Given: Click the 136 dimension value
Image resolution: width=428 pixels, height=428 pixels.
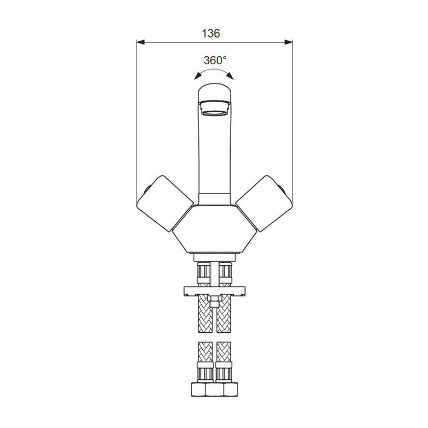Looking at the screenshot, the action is click(x=210, y=34).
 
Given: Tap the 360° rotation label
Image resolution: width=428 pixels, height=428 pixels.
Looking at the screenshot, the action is click(x=215, y=60).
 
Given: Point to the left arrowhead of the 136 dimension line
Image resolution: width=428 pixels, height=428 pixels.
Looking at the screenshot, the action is click(x=140, y=42).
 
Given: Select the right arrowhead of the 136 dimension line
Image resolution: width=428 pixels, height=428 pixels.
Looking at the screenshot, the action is click(x=288, y=42).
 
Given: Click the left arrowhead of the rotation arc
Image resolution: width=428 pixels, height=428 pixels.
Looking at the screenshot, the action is click(x=197, y=76).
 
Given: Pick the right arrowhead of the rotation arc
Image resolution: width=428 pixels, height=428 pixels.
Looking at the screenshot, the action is click(x=231, y=76).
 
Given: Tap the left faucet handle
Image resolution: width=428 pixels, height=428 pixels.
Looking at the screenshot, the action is click(x=165, y=203).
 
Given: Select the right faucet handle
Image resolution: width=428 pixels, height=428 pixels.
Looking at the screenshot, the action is click(x=264, y=203).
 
